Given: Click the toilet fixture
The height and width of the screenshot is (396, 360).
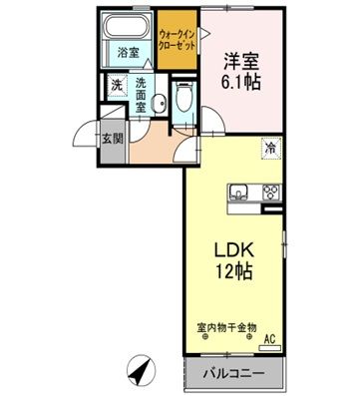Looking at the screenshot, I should tap(180, 97).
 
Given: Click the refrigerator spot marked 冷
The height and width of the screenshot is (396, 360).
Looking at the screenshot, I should tap(270, 149).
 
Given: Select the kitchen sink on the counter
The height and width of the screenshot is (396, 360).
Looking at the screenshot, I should tap(240, 193).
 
